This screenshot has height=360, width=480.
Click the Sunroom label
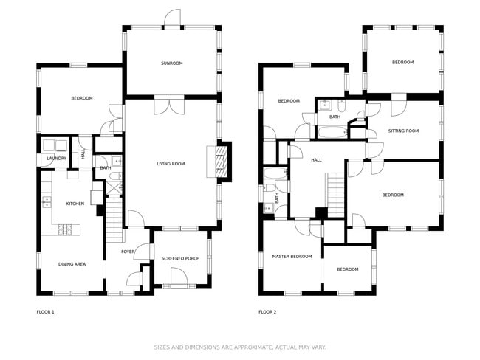172,63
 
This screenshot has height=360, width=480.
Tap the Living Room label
171,164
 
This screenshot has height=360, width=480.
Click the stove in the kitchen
65,229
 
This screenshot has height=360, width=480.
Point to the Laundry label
56,158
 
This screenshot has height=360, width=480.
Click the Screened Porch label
180,258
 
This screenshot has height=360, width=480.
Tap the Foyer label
128,252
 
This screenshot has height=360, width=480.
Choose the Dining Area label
72,264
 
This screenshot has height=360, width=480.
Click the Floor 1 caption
45,312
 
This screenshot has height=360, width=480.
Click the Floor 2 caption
267,312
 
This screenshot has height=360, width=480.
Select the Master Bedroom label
292,256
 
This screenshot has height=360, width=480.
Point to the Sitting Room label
403,131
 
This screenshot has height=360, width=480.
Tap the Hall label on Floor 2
316,159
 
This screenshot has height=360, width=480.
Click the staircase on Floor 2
336,195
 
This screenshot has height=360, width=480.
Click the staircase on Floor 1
114,220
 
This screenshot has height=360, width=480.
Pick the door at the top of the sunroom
172,18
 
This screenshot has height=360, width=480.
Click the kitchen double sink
47,202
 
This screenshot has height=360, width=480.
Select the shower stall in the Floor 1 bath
114,187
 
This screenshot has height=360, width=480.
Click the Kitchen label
75,204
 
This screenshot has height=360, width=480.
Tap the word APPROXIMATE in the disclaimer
253,347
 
